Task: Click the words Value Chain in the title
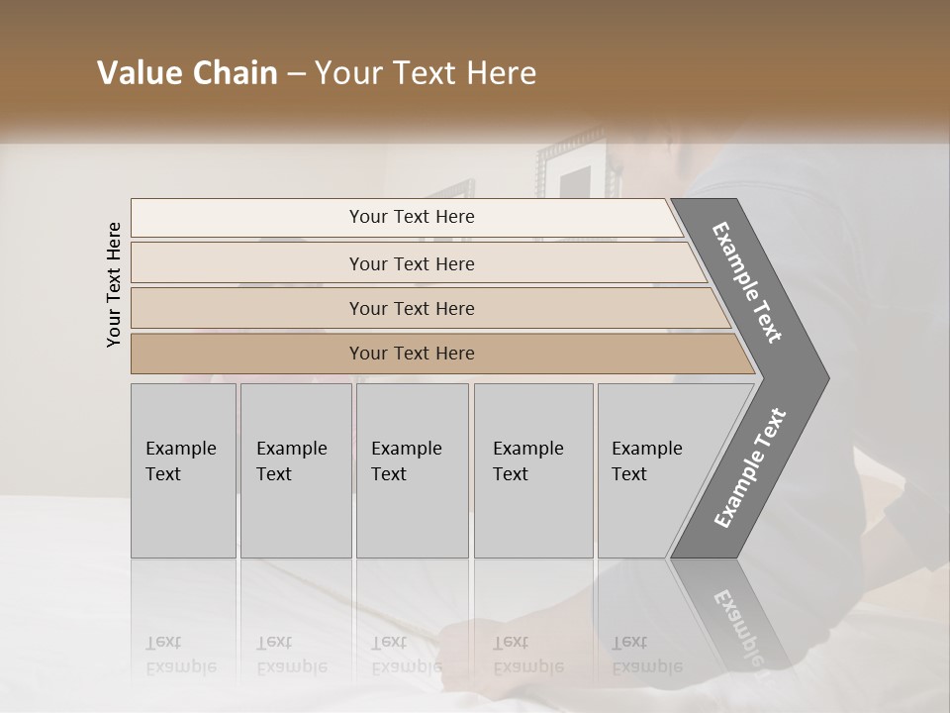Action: tap(187, 73)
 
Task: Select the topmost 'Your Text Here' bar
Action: tap(412, 217)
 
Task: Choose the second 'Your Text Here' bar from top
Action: tap(412, 263)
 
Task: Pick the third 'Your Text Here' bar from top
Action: tap(412, 308)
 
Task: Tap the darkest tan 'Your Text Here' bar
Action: tap(412, 354)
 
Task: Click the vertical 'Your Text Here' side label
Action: tap(114, 284)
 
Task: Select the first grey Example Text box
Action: tap(183, 469)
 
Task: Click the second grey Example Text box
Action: tap(295, 469)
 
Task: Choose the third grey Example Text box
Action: tap(411, 469)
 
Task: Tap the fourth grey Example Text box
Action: tap(532, 469)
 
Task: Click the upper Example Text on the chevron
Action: tap(748, 282)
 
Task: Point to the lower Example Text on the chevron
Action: tap(750, 468)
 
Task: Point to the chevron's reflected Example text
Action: tap(736, 625)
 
